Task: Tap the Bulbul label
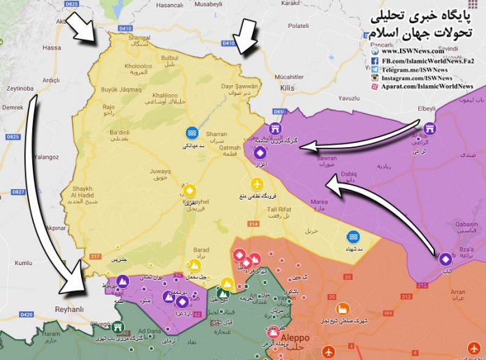(170, 57)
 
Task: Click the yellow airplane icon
(258, 183)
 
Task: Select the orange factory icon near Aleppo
(342, 308)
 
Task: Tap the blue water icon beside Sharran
(191, 133)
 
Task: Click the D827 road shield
(18, 191)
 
